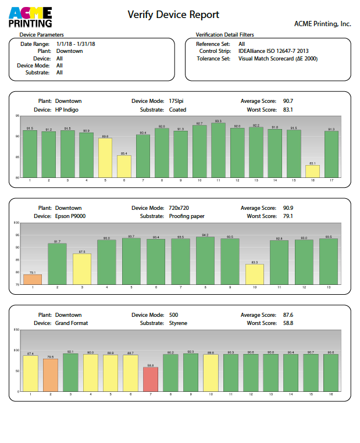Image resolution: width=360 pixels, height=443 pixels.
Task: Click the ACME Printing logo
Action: tap(30, 17)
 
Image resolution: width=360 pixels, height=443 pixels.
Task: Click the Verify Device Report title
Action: tap(173, 15)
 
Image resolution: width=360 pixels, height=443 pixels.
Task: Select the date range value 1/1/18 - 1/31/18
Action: tap(76, 44)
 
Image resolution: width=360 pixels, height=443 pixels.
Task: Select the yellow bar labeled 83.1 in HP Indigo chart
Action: tap(312, 171)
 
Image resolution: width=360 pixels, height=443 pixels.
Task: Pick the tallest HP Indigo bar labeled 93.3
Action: tap(218, 150)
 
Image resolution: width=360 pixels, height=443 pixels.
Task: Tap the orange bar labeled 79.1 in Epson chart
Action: tap(33, 279)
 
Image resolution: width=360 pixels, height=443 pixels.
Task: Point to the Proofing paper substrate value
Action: tap(187, 216)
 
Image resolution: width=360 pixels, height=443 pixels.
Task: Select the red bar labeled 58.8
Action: tap(151, 379)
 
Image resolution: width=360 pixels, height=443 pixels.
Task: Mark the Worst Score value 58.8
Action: tap(288, 323)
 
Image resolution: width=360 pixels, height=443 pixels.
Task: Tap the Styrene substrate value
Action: tap(178, 323)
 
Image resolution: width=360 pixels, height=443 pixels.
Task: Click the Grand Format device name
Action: tap(71, 323)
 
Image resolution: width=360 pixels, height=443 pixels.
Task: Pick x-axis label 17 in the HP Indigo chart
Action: tap(332, 180)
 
